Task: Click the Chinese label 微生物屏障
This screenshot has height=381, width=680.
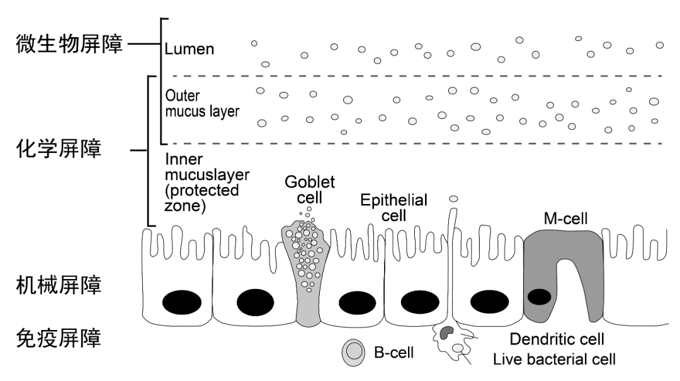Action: pos(69,45)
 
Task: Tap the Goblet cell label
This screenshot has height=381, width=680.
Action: pos(310,190)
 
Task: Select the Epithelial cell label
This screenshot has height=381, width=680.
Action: pos(394,208)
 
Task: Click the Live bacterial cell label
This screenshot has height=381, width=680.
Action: pos(554,360)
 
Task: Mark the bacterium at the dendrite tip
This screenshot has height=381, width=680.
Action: pos(453,199)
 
